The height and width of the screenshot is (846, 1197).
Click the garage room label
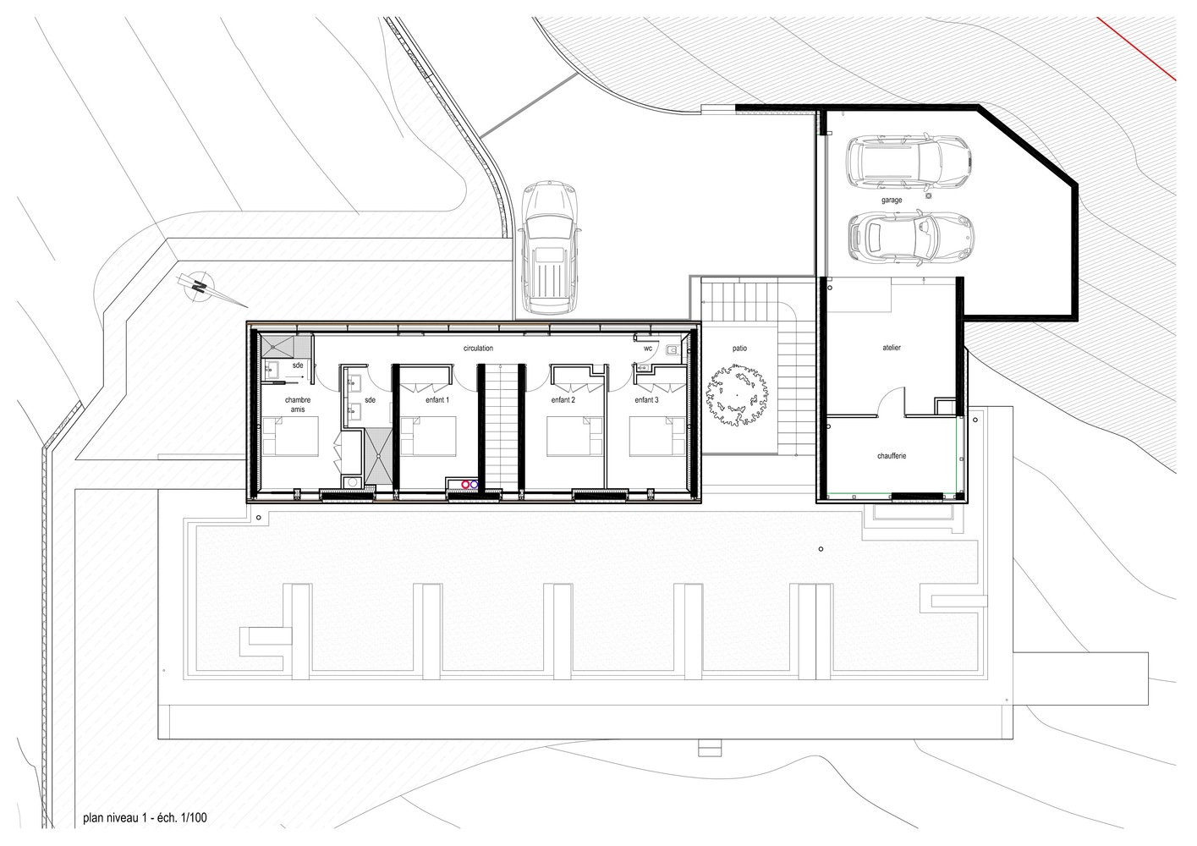click(892, 201)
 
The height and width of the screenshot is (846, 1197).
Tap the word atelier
click(892, 348)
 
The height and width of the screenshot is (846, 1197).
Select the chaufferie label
click(892, 456)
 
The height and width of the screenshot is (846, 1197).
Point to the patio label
click(739, 349)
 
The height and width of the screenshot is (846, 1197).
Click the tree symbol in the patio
click(738, 395)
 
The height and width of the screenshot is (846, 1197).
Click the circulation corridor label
click(478, 349)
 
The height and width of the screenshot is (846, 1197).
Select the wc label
click(648, 349)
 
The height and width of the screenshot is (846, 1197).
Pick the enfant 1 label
click(437, 400)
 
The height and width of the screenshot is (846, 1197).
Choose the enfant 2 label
click(563, 400)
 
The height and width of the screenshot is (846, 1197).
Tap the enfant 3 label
click(646, 400)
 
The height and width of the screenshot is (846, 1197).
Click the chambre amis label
click(298, 404)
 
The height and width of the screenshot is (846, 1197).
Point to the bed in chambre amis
click(290, 436)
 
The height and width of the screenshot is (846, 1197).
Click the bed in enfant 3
click(657, 436)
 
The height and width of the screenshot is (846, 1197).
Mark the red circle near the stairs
click(465, 484)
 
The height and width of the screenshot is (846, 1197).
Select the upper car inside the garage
click(909, 163)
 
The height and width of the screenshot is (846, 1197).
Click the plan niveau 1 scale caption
click(145, 818)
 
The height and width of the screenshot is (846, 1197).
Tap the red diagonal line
click(1137, 48)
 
